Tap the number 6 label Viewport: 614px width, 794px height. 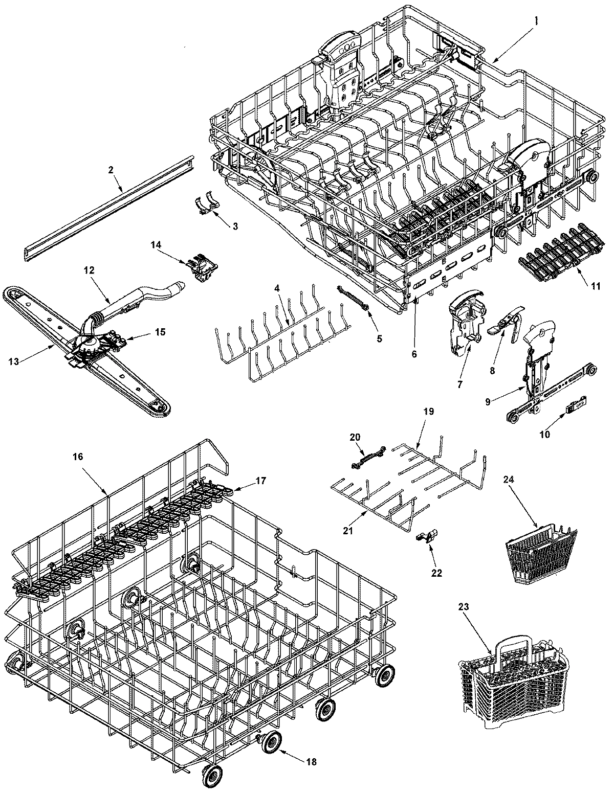coord(414,354)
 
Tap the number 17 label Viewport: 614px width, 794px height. coord(261,481)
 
